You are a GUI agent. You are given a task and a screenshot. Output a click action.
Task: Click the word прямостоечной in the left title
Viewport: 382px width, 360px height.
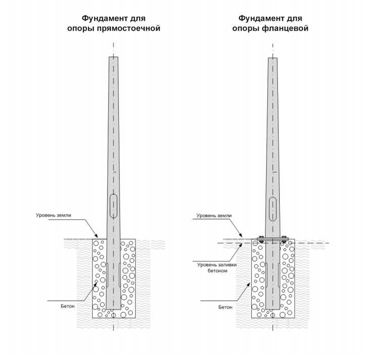pos(129,29)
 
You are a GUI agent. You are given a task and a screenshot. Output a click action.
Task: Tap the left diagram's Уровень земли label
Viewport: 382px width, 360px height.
pos(54,215)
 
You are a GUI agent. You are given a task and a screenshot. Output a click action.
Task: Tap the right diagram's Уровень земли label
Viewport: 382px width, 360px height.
pos(214,216)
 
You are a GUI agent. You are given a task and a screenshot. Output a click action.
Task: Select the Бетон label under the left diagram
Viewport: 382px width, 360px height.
pos(67,306)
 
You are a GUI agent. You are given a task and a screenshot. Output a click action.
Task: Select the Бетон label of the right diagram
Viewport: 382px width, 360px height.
pos(225,307)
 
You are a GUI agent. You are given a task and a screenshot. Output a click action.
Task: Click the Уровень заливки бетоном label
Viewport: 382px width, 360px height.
pos(217,267)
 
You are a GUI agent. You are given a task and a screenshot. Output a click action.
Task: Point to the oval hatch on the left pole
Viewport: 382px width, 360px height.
pos(113,206)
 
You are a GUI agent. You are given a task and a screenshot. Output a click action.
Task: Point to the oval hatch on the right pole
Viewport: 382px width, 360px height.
pos(273,209)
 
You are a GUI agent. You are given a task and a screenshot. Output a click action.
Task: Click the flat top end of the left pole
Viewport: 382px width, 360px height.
pos(113,57)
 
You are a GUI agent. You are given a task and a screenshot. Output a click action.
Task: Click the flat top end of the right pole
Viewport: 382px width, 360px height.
pos(273,58)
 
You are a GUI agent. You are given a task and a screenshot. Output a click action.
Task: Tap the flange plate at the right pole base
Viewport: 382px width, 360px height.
pos(273,239)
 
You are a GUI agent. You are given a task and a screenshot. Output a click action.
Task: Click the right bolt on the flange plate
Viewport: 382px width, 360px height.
pos(284,239)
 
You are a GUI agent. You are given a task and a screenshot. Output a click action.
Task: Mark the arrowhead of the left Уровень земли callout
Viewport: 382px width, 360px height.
pos(97,236)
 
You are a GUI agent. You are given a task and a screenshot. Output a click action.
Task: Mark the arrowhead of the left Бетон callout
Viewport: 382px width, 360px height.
pos(96,284)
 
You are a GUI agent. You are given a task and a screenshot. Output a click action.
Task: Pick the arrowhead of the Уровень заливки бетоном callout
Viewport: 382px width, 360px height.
pos(240,245)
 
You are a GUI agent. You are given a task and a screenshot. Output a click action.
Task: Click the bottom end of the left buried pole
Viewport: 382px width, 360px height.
pos(113,309)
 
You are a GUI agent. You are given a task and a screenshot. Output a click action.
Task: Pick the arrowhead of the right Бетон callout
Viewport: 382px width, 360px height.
pos(248,284)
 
